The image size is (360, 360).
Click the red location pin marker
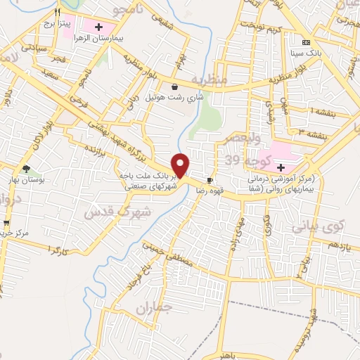coord(181,166)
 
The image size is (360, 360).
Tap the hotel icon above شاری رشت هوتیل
coord(174,86)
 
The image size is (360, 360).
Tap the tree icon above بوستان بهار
coord(26,169)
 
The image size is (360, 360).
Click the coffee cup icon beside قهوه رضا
coord(210,179)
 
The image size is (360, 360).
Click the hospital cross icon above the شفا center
coord(281,168)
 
